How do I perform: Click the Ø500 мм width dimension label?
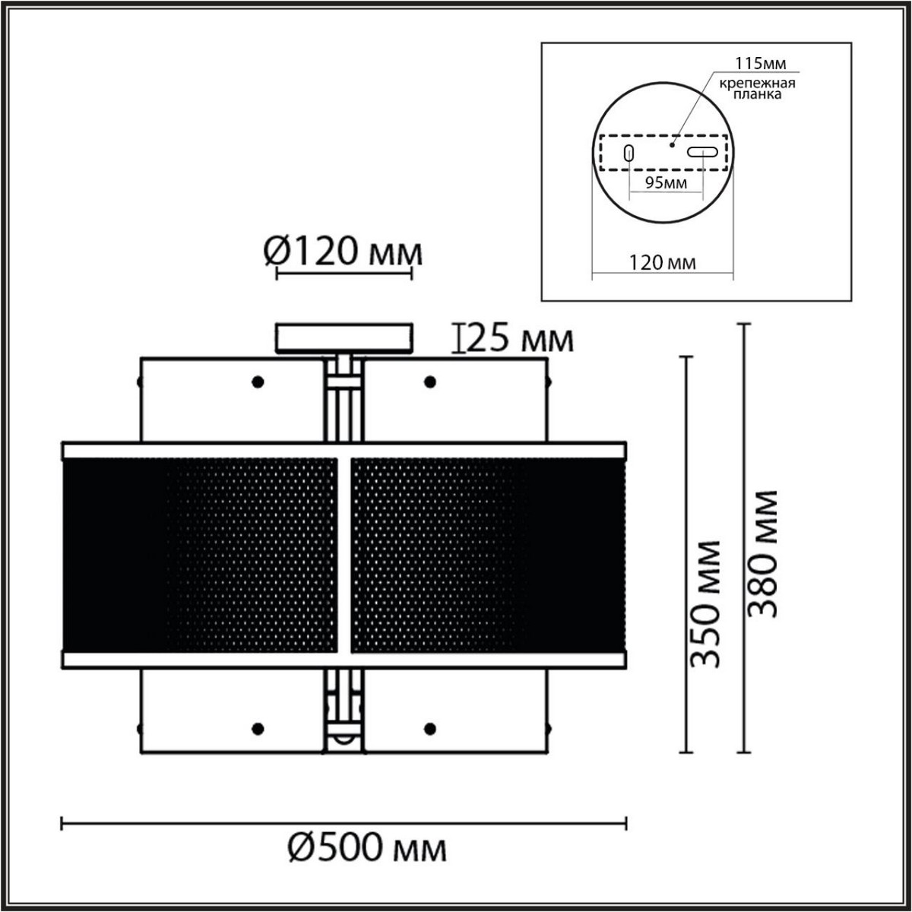click(x=366, y=847)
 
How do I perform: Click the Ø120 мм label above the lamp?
click(x=342, y=250)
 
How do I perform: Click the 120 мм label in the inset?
click(x=663, y=264)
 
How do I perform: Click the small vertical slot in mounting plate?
click(x=628, y=152)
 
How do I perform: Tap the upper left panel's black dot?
click(x=257, y=381)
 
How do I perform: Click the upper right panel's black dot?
click(x=429, y=381)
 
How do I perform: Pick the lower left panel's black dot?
click(x=257, y=728)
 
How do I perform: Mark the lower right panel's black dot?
click(x=429, y=728)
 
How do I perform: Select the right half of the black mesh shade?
click(x=486, y=555)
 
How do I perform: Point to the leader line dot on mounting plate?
click(x=671, y=141)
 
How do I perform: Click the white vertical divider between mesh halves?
click(x=344, y=555)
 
